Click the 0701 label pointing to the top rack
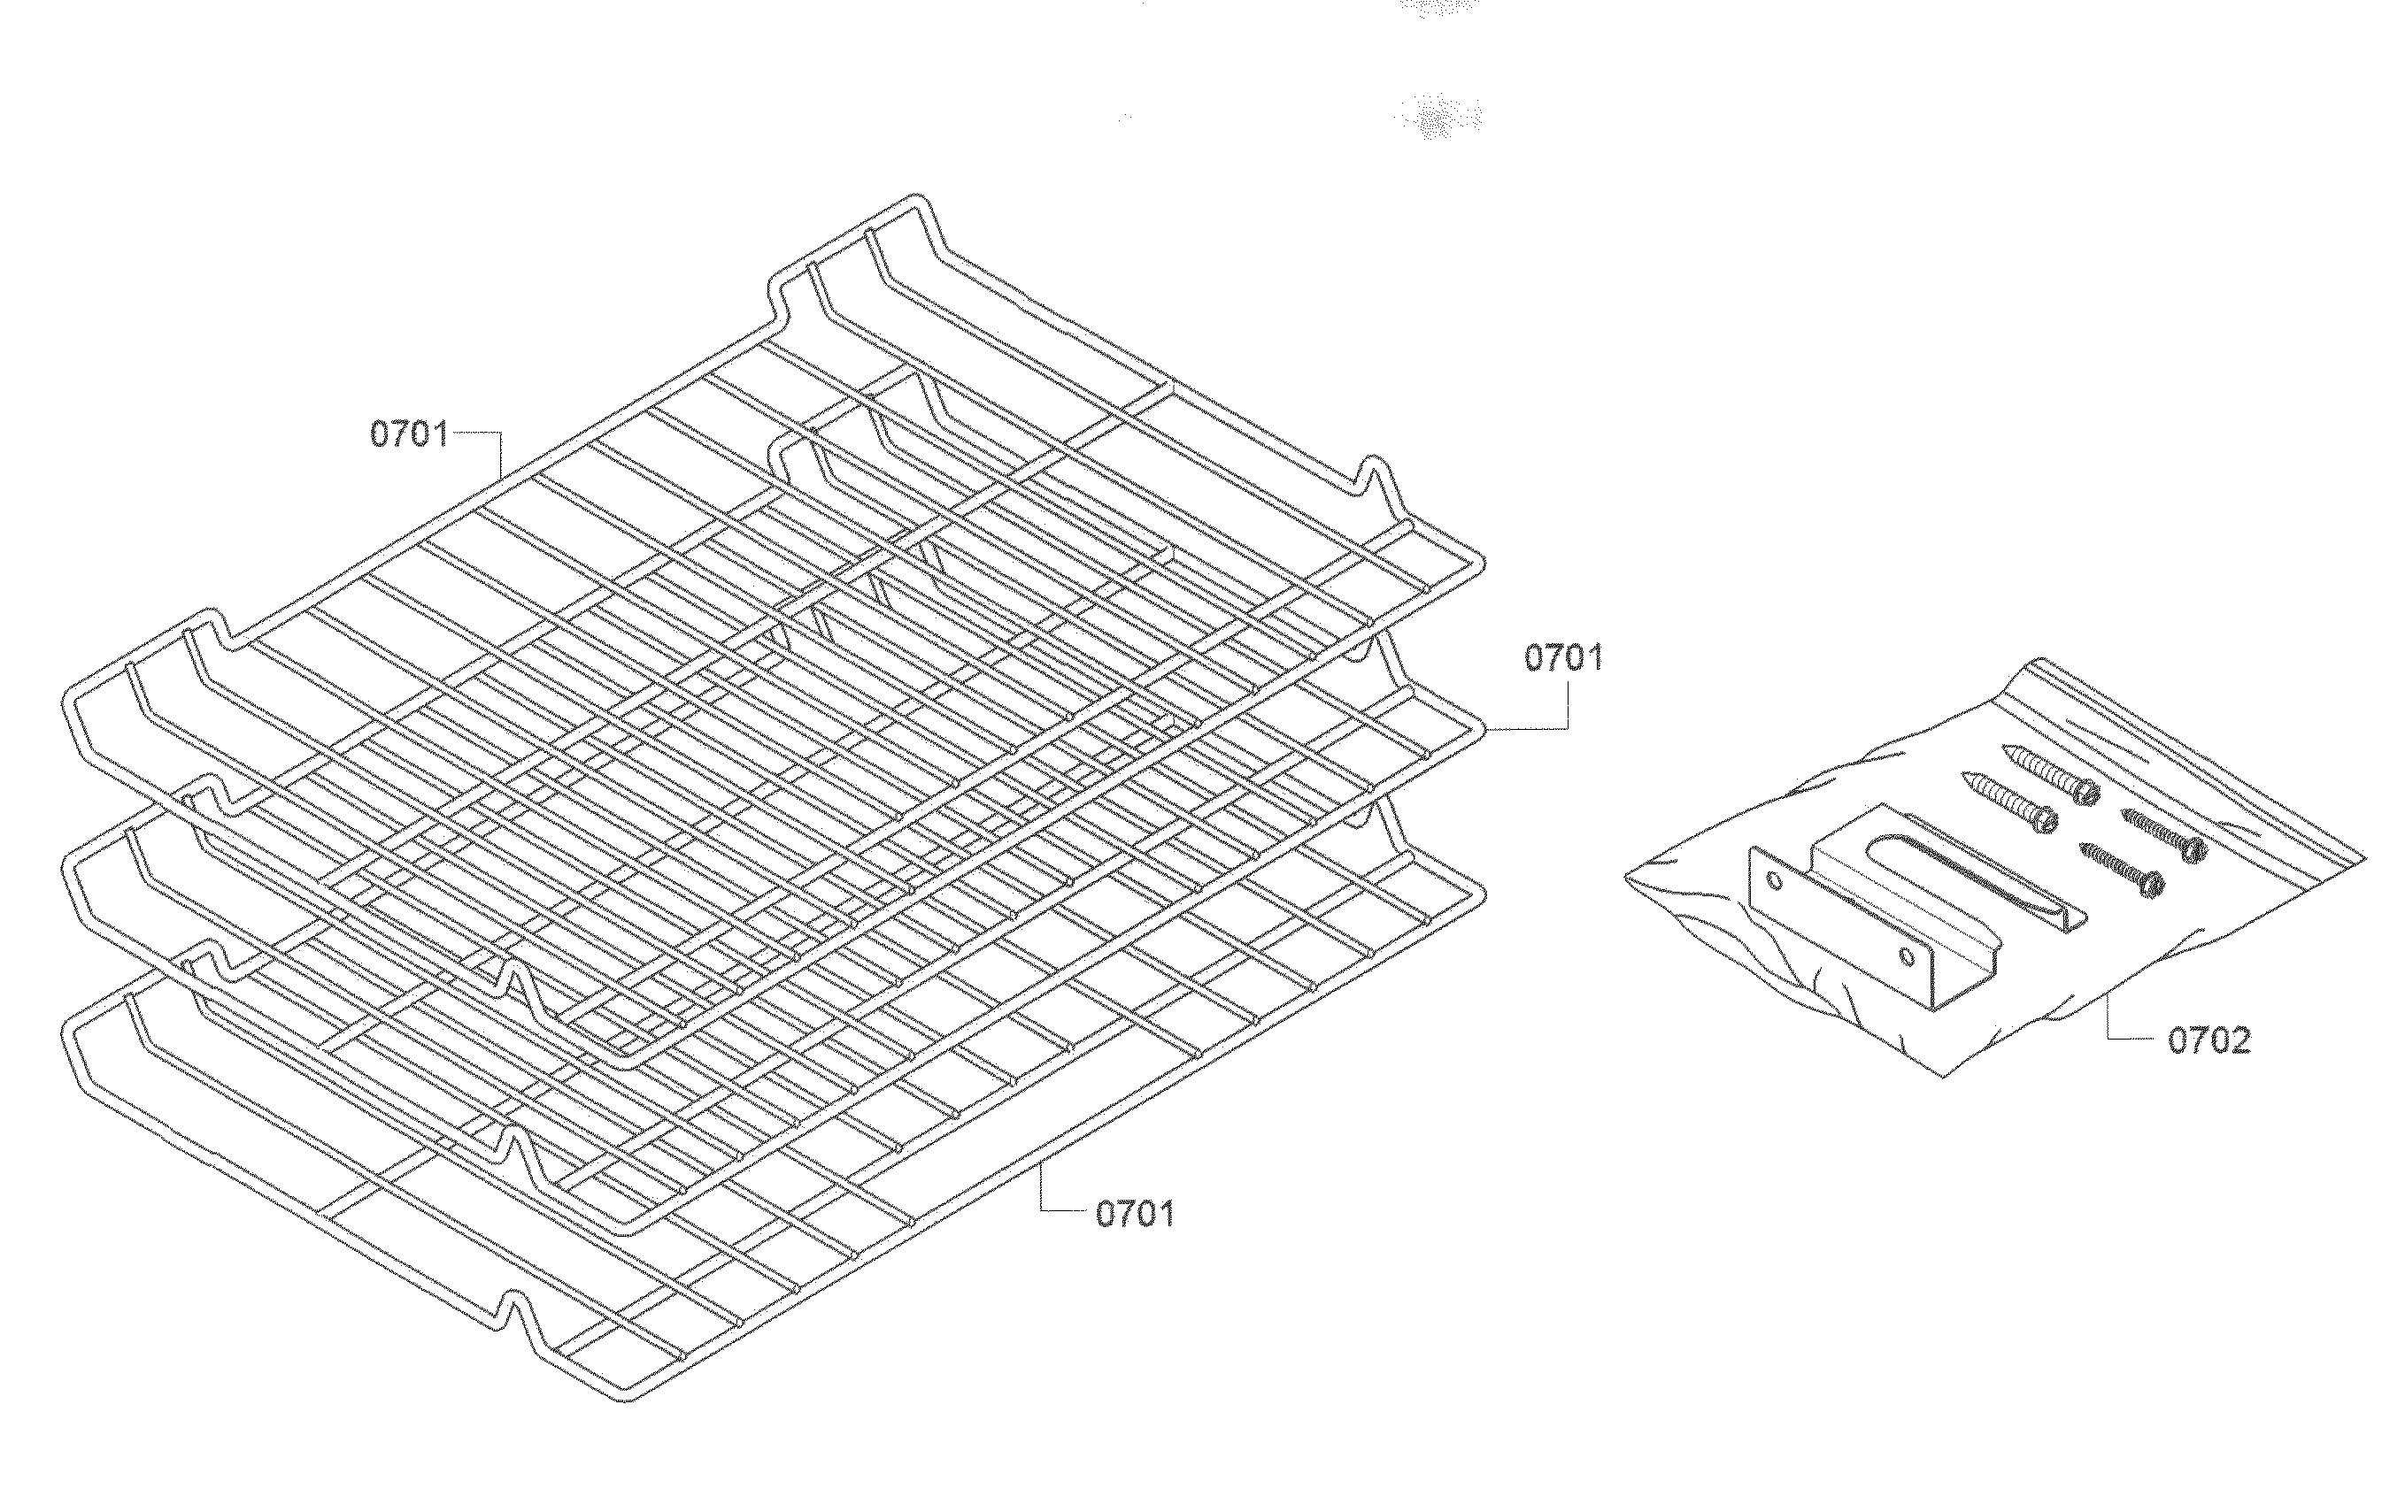click(410, 434)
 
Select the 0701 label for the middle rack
click(1563, 657)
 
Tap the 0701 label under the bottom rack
click(1135, 1213)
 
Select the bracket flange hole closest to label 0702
click(1908, 956)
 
